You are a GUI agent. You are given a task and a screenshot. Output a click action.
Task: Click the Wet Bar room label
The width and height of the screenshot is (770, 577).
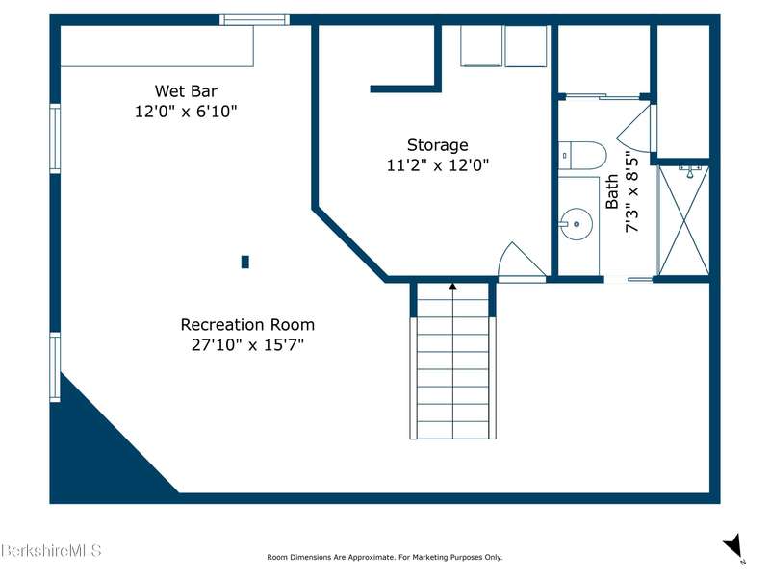tap(186, 90)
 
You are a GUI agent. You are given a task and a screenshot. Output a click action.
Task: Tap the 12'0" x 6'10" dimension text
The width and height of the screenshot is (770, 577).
tap(186, 112)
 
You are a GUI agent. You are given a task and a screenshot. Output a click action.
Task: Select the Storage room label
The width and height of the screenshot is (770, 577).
tap(438, 145)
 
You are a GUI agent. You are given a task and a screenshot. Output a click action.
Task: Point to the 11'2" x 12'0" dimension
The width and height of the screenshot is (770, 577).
tap(438, 165)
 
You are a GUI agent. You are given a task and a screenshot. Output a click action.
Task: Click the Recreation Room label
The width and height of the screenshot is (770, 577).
tap(247, 325)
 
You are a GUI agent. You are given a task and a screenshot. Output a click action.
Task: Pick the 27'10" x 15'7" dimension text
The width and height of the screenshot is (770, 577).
tap(247, 345)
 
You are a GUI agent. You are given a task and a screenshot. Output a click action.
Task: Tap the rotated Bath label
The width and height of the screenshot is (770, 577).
tap(612, 191)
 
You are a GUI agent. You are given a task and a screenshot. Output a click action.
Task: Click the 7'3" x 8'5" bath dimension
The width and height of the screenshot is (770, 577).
tap(632, 194)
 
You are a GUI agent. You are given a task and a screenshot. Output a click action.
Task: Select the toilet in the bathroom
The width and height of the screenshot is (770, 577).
tap(582, 156)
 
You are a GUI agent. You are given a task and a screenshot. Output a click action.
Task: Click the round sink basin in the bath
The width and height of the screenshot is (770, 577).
tap(577, 224)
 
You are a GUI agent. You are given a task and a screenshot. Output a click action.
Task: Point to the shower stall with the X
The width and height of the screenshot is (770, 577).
tap(683, 220)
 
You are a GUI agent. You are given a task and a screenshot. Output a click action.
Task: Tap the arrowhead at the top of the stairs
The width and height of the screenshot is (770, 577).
tap(452, 286)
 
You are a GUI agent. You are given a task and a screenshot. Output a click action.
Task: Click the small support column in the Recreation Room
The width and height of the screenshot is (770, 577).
tap(245, 262)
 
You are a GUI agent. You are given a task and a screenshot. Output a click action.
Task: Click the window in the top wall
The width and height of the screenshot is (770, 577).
tap(254, 19)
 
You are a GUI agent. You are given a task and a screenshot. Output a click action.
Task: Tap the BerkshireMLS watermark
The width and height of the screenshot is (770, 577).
tap(51, 550)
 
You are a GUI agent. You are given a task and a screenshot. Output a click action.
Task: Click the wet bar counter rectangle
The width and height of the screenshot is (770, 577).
tap(157, 45)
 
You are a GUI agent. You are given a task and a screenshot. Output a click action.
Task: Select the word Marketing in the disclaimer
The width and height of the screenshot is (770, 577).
tap(429, 557)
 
